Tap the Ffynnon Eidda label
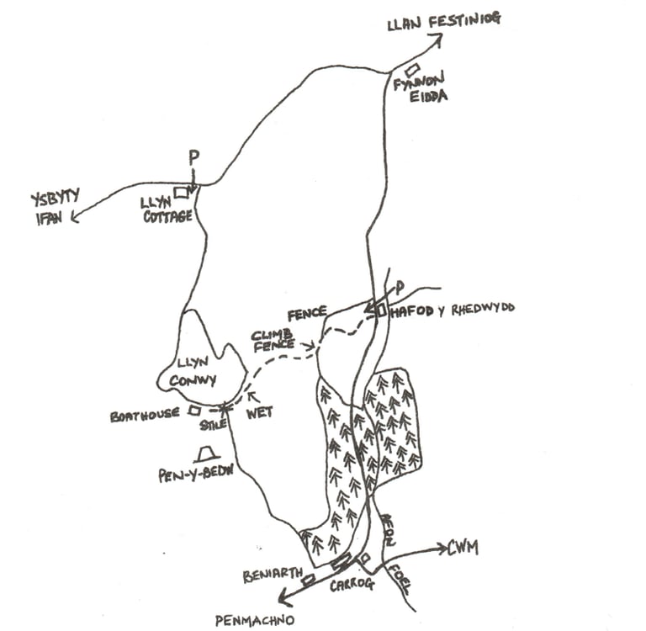tap(421, 89)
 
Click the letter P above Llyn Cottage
tap(194, 157)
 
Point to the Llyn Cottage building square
tap(180, 192)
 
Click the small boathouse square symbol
tap(194, 411)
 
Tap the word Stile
tap(214, 425)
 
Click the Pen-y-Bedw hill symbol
tap(202, 456)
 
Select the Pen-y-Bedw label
tap(194, 475)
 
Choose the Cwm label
tap(463, 549)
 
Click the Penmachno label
tap(252, 622)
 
